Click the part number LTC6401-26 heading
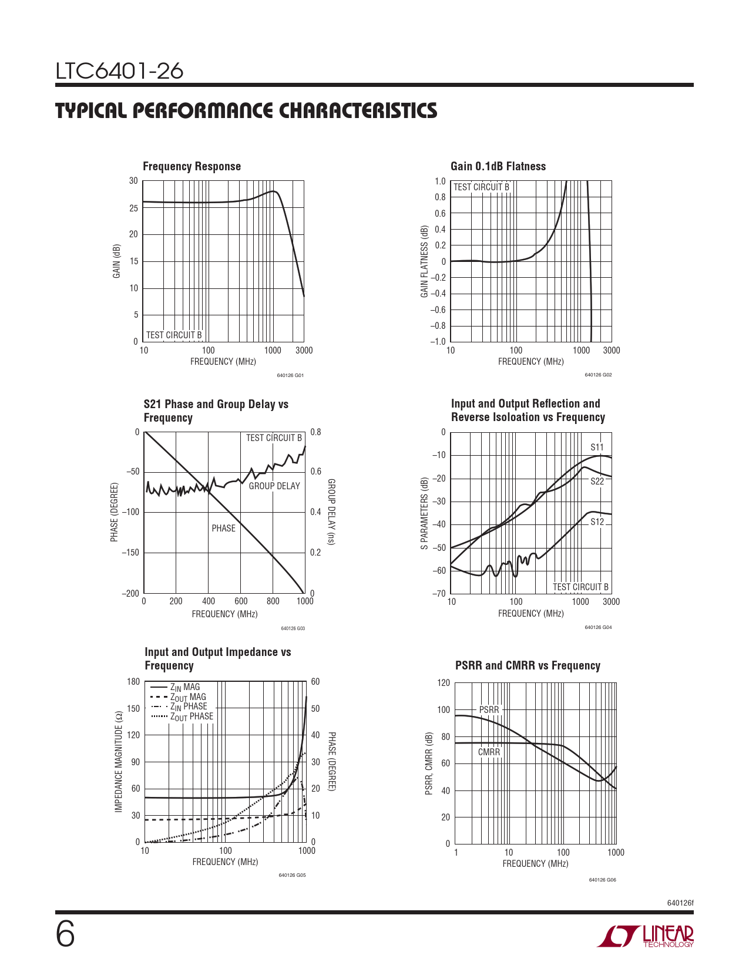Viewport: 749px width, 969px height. click(x=119, y=71)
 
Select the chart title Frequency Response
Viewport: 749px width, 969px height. click(x=192, y=166)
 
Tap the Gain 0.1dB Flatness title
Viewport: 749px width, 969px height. click(x=498, y=166)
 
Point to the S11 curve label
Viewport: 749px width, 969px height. click(x=597, y=448)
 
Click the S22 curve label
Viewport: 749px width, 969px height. click(x=597, y=481)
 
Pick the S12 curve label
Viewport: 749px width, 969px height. click(x=597, y=521)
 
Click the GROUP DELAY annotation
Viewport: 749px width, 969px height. click(x=274, y=486)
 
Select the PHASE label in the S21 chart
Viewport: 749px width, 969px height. click(x=223, y=528)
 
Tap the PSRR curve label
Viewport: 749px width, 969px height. click(x=489, y=709)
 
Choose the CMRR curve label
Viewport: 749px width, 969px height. click(x=489, y=752)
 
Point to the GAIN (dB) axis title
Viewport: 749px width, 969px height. click(x=116, y=261)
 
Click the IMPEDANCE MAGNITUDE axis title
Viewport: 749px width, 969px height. click(x=119, y=762)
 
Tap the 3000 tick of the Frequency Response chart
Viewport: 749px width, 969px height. click(x=304, y=351)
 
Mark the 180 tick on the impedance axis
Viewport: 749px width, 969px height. click(x=133, y=682)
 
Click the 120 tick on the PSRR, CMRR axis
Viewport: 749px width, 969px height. click(x=444, y=682)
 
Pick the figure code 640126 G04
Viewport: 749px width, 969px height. click(x=598, y=627)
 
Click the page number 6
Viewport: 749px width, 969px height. click(x=65, y=935)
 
